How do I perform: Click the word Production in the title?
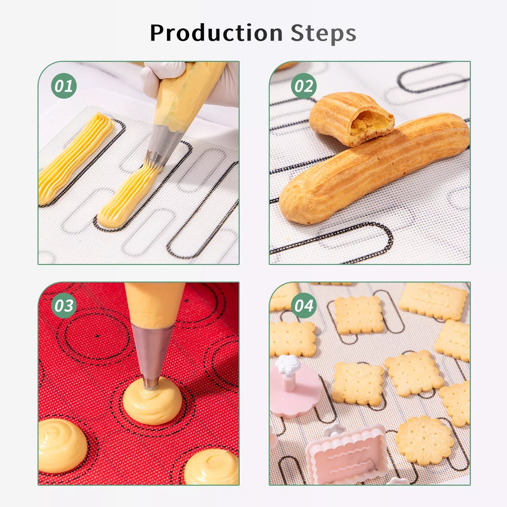[216, 33]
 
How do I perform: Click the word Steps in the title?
[323, 33]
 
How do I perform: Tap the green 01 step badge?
[64, 86]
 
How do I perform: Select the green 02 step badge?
[304, 86]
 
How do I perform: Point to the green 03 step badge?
[64, 306]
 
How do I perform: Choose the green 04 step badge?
[304, 306]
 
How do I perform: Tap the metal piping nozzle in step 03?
[152, 355]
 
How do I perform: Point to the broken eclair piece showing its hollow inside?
[352, 118]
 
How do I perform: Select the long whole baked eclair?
[373, 169]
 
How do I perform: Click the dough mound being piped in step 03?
[152, 401]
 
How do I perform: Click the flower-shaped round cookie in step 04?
[425, 440]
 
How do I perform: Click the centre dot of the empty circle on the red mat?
[97, 336]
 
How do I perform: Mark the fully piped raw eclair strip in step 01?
[76, 158]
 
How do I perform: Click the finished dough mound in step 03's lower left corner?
[63, 445]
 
